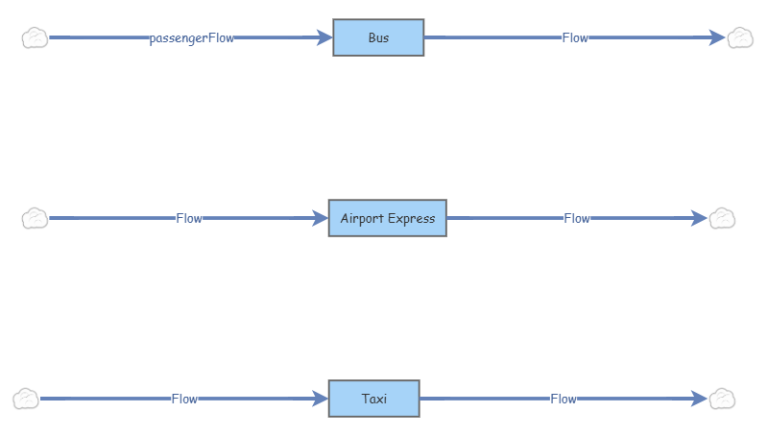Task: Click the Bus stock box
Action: [x=378, y=37]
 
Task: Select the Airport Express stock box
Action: [x=387, y=218]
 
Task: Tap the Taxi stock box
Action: [x=373, y=399]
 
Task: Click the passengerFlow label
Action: [x=191, y=38]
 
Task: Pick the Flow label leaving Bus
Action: [x=575, y=38]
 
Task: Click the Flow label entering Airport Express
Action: [x=188, y=218]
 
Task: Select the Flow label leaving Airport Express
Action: [x=576, y=218]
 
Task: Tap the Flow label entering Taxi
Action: [x=184, y=399]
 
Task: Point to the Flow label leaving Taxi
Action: [x=564, y=399]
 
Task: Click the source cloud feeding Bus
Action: [x=36, y=37]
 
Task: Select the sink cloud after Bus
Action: [x=740, y=37]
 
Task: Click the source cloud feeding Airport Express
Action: [x=36, y=218]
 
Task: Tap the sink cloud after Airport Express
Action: [x=722, y=218]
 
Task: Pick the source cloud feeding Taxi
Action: [x=27, y=399]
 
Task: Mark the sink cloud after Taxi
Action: [x=722, y=399]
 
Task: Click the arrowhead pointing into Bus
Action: [x=324, y=37]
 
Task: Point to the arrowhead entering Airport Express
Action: [x=319, y=218]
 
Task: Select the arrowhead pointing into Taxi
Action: [x=319, y=399]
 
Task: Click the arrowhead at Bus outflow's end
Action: [x=716, y=37]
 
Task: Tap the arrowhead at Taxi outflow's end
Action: [x=698, y=399]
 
